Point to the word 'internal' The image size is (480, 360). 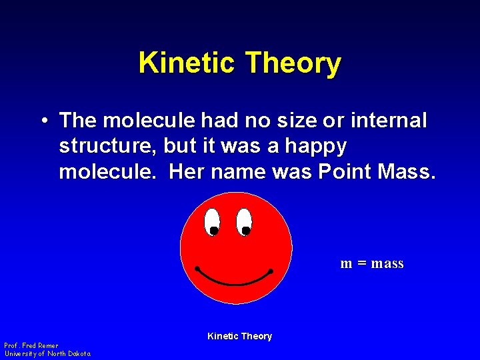(x=387, y=121)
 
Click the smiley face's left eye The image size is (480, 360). (x=212, y=221)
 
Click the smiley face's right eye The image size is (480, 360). (x=244, y=221)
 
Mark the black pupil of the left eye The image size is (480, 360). (x=214, y=231)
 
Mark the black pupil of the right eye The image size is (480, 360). (x=246, y=231)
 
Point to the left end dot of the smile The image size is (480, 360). (x=198, y=269)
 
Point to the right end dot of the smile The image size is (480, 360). (x=271, y=271)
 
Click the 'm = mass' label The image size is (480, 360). (x=372, y=263)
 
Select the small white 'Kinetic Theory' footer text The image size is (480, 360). (x=239, y=336)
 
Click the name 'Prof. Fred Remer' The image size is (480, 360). (x=31, y=345)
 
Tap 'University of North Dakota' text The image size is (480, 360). (x=47, y=353)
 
